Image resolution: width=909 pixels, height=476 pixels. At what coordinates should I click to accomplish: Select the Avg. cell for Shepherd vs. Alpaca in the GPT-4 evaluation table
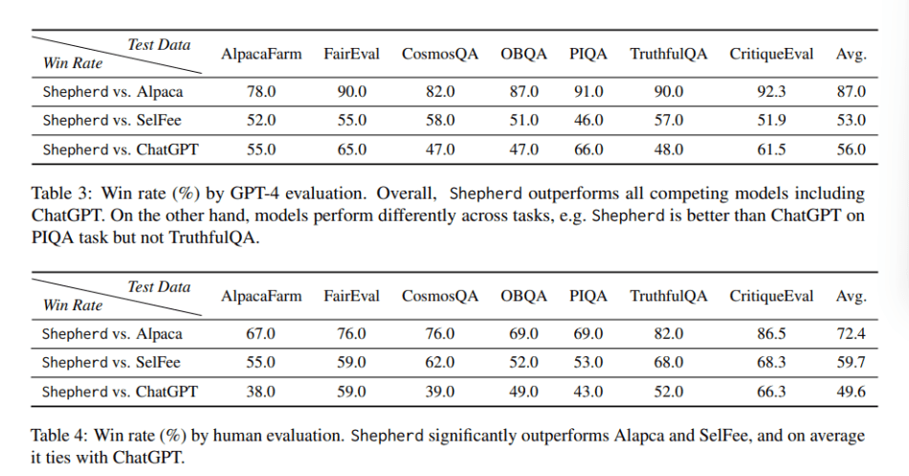pos(851,92)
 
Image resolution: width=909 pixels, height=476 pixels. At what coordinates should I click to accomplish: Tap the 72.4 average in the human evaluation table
pos(851,334)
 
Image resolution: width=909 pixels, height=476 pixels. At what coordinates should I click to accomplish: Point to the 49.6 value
pos(851,392)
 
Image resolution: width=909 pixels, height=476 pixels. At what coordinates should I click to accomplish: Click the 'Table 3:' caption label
pos(66,194)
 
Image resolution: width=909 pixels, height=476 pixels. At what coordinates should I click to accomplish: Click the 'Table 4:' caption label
pos(66,437)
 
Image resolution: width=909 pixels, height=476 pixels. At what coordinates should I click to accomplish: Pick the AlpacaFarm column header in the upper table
pos(261,54)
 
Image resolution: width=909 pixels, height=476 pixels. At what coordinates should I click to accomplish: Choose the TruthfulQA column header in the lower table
pos(669,296)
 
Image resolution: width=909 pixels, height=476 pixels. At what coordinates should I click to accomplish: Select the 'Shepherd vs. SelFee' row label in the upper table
pos(112,121)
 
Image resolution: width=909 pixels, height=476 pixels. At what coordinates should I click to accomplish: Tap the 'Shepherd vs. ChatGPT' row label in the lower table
pos(120,392)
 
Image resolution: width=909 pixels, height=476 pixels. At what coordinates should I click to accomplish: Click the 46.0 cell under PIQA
pos(588,121)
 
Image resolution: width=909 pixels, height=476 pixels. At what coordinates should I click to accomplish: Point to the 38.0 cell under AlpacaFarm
pos(261,392)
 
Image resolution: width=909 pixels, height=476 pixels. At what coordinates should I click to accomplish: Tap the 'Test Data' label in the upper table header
pos(159,45)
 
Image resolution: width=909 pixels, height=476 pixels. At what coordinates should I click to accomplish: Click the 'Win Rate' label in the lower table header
pos(73,306)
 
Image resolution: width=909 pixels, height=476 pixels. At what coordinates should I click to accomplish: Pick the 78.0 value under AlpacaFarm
pos(261,92)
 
